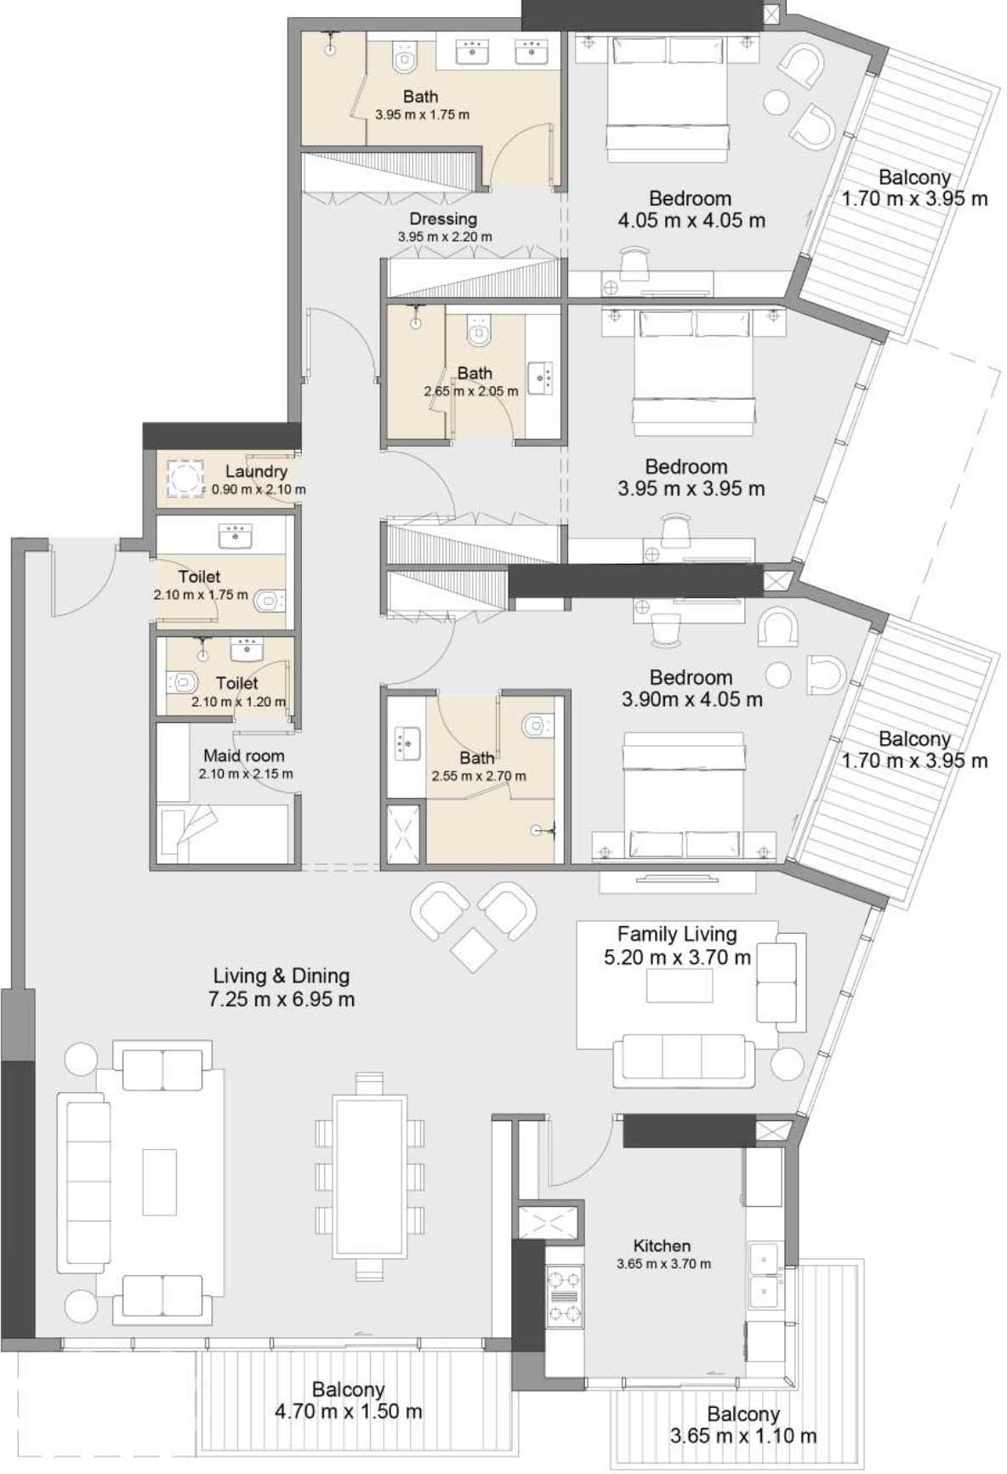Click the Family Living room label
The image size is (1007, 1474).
[677, 934]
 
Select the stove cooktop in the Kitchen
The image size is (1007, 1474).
[565, 1297]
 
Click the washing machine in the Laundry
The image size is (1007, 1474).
[185, 478]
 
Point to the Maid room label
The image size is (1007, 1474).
[244, 755]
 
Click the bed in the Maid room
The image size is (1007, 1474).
[223, 834]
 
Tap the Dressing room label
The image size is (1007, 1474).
[443, 219]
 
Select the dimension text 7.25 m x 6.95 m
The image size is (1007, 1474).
[282, 999]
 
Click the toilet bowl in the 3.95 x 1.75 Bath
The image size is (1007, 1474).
[405, 58]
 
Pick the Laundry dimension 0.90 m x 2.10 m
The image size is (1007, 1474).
[259, 490]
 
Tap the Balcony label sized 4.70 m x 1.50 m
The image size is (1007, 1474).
[349, 1389]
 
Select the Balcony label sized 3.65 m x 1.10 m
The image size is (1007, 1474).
[743, 1414]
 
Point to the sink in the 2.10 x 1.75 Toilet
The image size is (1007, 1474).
[236, 536]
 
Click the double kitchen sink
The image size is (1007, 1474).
[765, 1277]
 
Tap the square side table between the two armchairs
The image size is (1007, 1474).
[473, 948]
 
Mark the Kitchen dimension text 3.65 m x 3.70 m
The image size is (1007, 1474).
[663, 1264]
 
